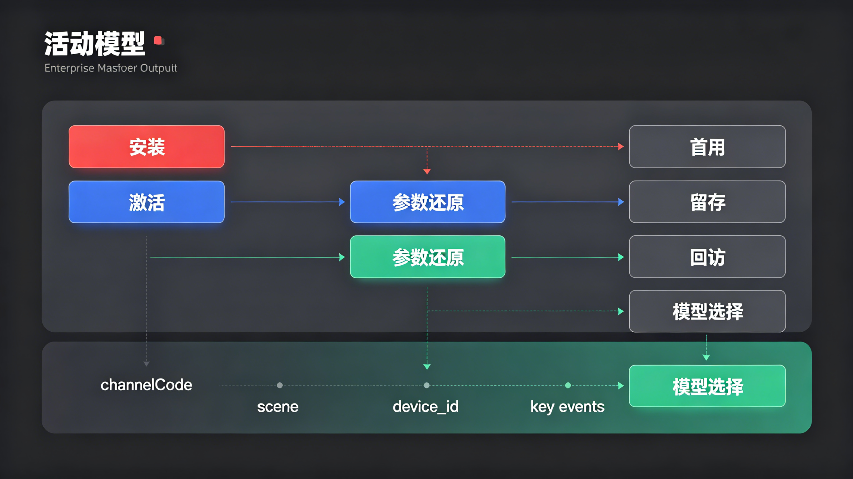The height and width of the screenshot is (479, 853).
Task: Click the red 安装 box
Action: (x=146, y=147)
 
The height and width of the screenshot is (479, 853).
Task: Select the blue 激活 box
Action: (x=146, y=202)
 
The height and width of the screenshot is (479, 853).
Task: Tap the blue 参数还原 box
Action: (x=427, y=202)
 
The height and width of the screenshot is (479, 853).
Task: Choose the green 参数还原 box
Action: (x=427, y=257)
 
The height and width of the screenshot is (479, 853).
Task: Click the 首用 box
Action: (x=707, y=147)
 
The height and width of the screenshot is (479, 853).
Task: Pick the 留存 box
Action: (x=707, y=202)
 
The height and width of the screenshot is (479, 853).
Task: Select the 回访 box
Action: (x=707, y=257)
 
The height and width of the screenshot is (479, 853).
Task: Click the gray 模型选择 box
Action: (x=707, y=311)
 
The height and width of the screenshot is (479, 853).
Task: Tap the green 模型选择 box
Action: (x=707, y=386)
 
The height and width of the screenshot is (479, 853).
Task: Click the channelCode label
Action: (x=146, y=385)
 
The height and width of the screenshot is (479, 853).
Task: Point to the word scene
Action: (x=277, y=407)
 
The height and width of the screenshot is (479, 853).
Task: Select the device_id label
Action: (x=426, y=407)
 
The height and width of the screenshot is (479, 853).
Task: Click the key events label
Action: (x=567, y=407)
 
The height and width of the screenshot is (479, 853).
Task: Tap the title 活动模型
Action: (x=95, y=44)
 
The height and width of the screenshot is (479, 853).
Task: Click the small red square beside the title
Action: (x=158, y=41)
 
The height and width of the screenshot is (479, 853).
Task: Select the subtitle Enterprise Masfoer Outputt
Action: (x=111, y=68)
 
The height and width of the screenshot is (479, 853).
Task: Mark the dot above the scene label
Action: (x=280, y=385)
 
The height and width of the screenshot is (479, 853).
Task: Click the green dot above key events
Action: (x=568, y=385)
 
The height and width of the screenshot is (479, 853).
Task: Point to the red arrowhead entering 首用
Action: (x=621, y=147)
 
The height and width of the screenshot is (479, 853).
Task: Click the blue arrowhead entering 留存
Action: (x=621, y=202)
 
